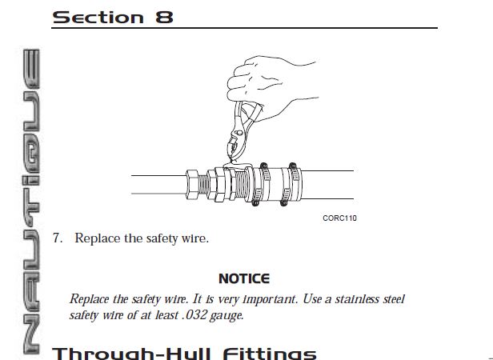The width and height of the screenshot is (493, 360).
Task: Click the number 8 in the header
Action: (x=165, y=16)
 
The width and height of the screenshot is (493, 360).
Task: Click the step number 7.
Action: (x=57, y=238)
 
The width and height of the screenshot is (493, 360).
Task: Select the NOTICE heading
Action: (x=243, y=279)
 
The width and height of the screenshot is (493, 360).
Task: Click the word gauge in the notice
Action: (x=226, y=315)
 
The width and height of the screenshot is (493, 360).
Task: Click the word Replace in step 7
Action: (x=95, y=238)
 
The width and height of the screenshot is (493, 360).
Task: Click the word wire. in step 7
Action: (x=194, y=238)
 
